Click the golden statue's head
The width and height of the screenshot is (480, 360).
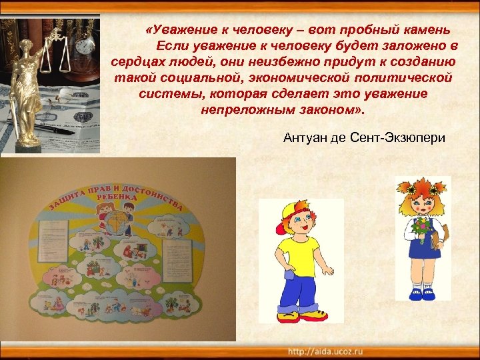(x=27, y=49)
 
